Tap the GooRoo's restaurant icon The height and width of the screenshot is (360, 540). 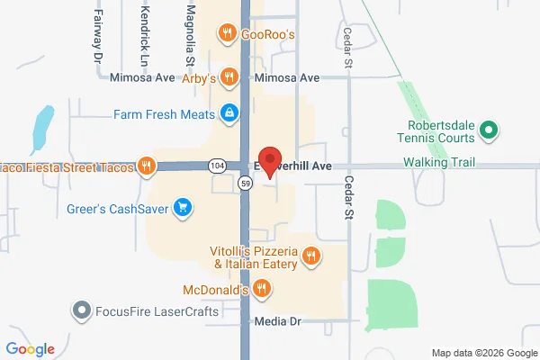pos(228,34)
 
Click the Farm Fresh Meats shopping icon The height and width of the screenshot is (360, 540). pos(229,114)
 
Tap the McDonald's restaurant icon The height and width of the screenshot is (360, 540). pos(261,288)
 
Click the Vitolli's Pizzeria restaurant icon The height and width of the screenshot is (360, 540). pos(310,256)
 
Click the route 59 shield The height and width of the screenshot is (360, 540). pos(245,184)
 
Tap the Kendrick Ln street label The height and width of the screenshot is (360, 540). pos(145,27)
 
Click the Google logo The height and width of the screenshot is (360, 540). pos(30,349)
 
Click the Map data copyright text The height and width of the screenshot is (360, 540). pos(481,352)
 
